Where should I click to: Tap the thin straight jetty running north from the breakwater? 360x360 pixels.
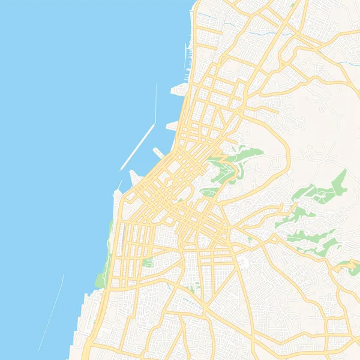pyautogui.click(x=156, y=105)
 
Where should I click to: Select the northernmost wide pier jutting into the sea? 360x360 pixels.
pyautogui.click(x=180, y=90)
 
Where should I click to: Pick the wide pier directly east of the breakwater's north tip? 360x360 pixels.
pyautogui.click(x=173, y=126)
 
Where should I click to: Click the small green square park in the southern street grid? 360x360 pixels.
pyautogui.click(x=148, y=262)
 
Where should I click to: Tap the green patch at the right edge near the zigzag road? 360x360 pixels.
pyautogui.click(x=347, y=264)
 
